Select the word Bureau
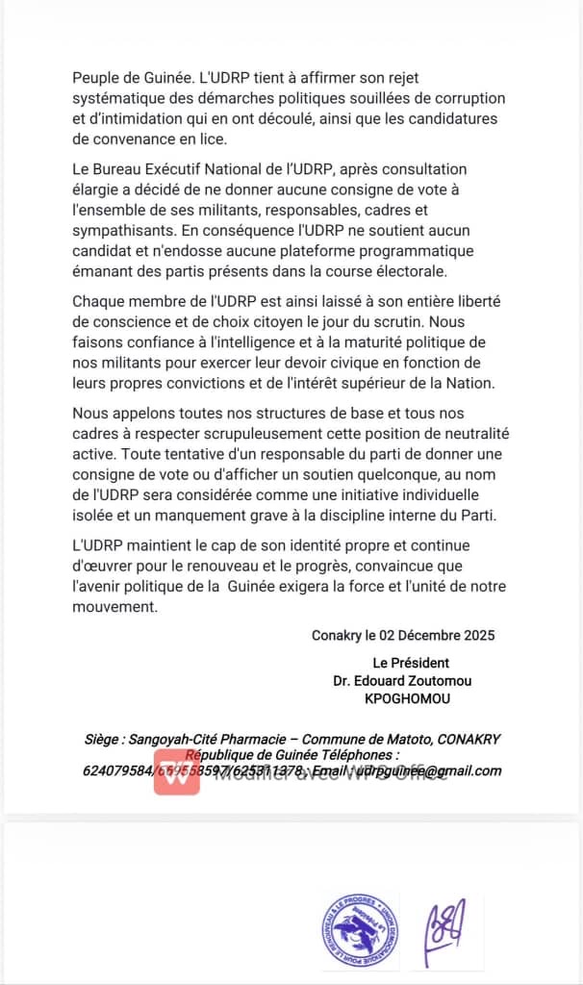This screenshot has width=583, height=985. pos(123,170)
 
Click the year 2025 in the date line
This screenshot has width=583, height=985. pos(479,636)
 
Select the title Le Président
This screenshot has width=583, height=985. pos(411,663)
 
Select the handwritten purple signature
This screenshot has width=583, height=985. pos(447,930)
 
